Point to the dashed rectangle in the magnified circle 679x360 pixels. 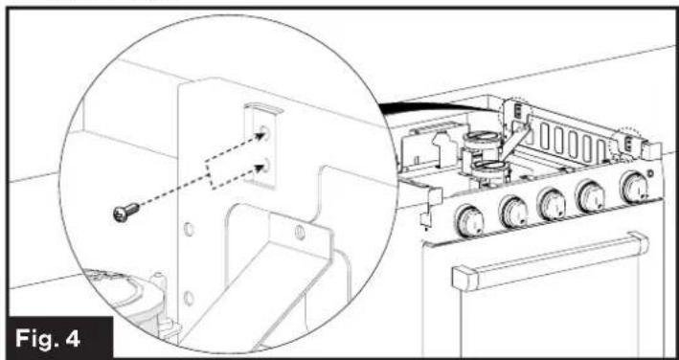(220, 177)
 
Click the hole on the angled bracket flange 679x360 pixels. (300, 233)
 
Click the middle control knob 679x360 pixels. (553, 203)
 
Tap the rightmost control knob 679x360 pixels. (635, 186)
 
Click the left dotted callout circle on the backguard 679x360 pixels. (515, 113)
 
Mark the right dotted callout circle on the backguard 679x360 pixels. (628, 143)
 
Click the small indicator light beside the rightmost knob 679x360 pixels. (655, 174)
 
